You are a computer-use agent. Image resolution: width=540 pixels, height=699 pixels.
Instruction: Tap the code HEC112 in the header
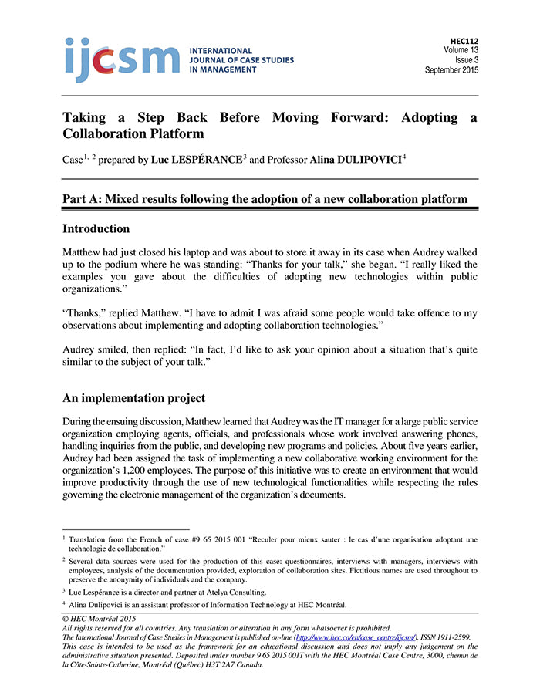point(464,39)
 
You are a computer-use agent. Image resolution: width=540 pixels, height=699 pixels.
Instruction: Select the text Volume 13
point(461,49)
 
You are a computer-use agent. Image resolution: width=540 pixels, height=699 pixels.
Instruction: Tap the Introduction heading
point(96,229)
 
